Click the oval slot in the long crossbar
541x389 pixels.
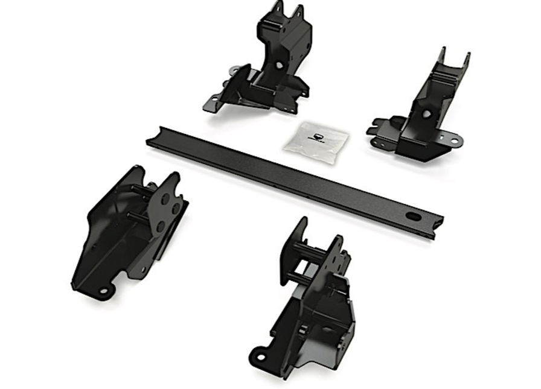pyautogui.click(x=414, y=215)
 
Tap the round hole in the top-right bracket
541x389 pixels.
pyautogui.click(x=426, y=113)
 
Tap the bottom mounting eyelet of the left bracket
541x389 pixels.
pyautogui.click(x=104, y=291)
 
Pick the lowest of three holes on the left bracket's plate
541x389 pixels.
pyautogui.click(x=161, y=227)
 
